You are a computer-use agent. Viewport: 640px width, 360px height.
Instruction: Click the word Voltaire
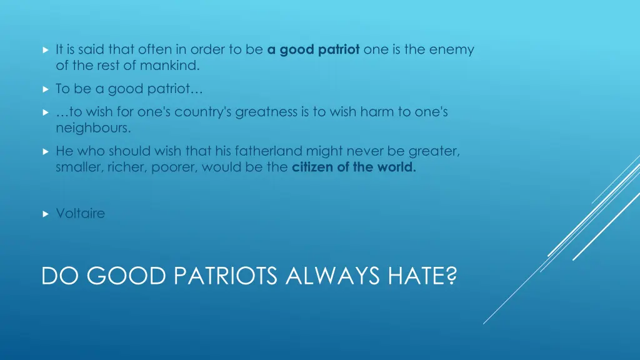[80, 214]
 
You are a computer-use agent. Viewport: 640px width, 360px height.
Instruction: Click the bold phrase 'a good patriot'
[313, 50]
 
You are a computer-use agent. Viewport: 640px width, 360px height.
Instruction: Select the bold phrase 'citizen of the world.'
[354, 167]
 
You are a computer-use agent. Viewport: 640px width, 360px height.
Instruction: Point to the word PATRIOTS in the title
[226, 276]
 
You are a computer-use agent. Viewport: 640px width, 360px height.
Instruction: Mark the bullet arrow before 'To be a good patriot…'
[45, 89]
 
